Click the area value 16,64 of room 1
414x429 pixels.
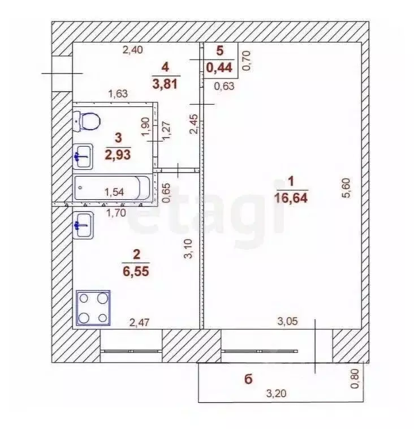point(292,198)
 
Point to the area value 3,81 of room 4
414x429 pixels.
point(165,84)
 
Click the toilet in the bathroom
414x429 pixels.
point(87,120)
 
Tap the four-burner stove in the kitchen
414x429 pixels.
point(93,308)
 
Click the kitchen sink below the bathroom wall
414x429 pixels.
point(83,225)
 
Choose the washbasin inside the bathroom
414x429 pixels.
point(83,155)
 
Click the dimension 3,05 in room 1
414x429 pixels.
point(288,321)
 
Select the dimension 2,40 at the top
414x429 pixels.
point(133,50)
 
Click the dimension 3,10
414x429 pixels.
point(189,248)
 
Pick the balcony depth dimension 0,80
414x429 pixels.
point(355,378)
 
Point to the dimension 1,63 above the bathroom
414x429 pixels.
point(118,94)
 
